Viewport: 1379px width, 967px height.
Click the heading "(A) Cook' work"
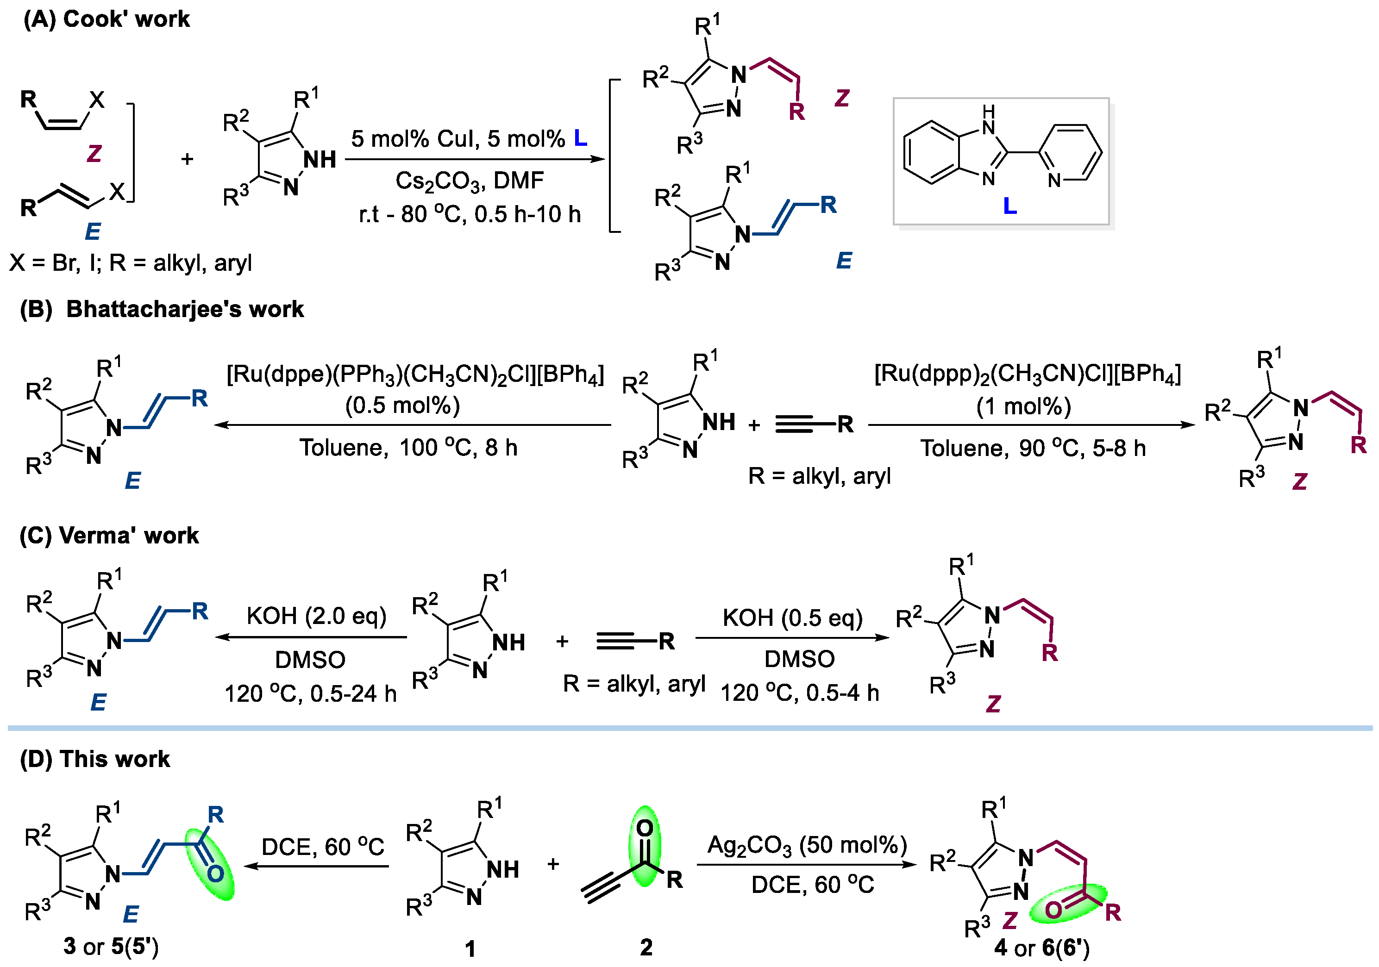[107, 19]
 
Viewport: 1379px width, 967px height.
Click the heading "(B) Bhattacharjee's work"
[162, 309]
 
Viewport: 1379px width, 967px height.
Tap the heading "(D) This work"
[95, 759]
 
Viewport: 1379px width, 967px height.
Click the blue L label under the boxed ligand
[1009, 206]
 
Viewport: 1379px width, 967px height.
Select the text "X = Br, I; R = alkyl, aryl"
[130, 263]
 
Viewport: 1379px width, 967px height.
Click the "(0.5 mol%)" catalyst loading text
[402, 406]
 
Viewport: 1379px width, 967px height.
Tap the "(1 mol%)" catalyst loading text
[1023, 406]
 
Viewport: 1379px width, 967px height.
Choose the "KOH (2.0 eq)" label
[317, 616]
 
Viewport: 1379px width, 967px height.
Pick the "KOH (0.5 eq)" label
[792, 618]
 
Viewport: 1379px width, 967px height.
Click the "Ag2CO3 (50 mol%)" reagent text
[807, 845]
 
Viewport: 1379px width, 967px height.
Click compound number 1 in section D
[470, 948]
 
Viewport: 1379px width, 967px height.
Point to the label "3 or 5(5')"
[111, 947]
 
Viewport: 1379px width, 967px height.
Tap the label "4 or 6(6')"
[1041, 948]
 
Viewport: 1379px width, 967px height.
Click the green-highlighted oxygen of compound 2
[645, 828]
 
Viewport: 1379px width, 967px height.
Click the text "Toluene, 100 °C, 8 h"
[408, 448]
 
